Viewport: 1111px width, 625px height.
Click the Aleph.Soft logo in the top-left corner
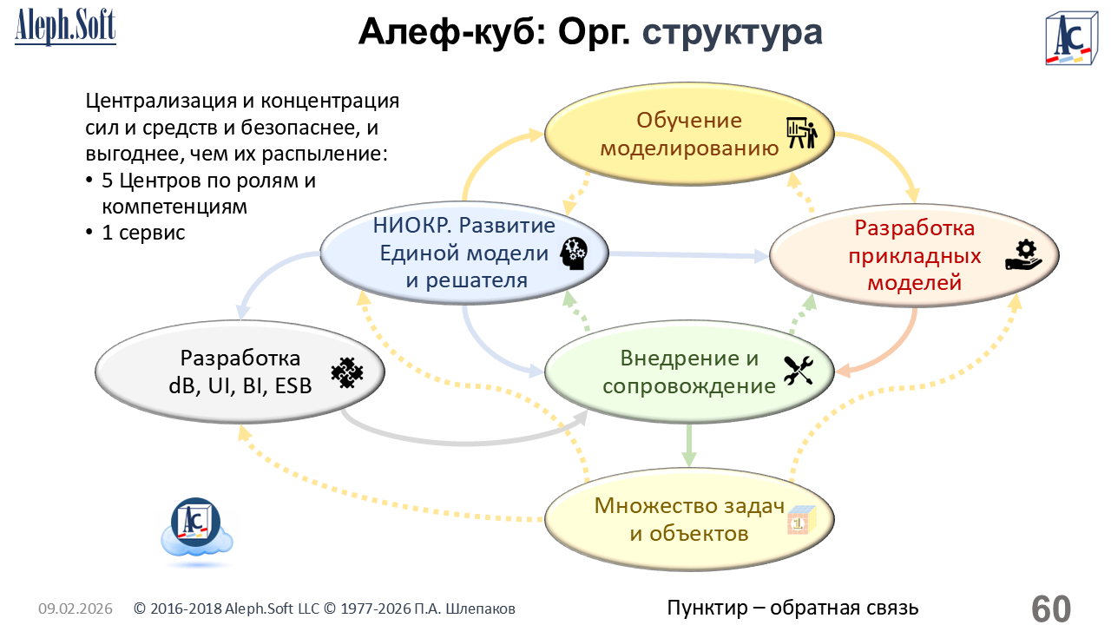[65, 28]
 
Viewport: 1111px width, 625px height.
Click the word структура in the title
[732, 33]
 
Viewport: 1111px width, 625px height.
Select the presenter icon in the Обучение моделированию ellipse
[802, 134]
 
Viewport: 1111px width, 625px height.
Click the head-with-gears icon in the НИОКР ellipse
[575, 253]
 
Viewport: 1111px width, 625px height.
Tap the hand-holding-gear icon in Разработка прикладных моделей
[1024, 256]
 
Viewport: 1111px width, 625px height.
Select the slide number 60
[1051, 609]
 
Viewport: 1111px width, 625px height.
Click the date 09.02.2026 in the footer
[76, 609]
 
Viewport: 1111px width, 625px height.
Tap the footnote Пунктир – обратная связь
[792, 609]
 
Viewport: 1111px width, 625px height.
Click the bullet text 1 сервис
[143, 233]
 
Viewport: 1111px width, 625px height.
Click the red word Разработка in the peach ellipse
[915, 228]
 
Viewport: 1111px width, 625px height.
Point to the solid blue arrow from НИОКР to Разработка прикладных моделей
[686, 254]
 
